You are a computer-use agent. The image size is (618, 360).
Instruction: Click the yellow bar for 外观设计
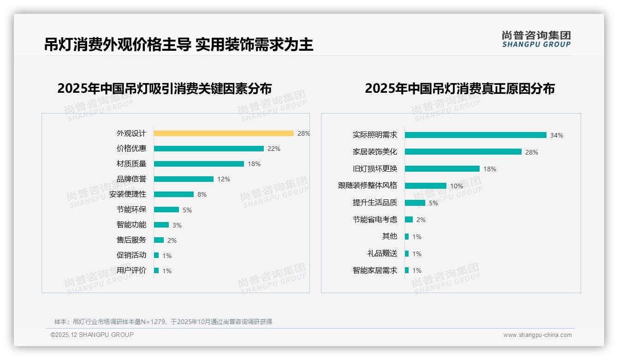click(x=224, y=133)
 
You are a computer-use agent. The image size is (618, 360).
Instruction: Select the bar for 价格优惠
click(x=208, y=149)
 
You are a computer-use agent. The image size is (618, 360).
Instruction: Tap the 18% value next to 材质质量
click(x=254, y=164)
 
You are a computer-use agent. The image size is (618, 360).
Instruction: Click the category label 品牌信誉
click(x=131, y=179)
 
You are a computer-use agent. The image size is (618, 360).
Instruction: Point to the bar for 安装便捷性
click(x=174, y=194)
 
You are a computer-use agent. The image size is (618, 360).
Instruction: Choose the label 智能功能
click(x=131, y=225)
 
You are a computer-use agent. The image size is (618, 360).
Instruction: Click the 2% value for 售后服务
click(x=172, y=240)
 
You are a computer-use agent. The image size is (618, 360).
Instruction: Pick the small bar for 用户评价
click(x=156, y=270)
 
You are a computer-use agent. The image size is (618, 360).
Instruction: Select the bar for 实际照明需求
click(x=475, y=135)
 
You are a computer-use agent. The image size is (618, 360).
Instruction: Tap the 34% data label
click(x=556, y=135)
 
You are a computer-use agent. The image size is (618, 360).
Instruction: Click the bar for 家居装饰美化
click(x=463, y=152)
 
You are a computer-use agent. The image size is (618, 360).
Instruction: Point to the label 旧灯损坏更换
click(x=374, y=169)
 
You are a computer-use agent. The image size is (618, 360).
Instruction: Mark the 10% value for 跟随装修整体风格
click(x=457, y=186)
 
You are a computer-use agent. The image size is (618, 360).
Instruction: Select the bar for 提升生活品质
click(x=415, y=203)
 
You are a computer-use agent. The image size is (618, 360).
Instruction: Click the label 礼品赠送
click(x=382, y=253)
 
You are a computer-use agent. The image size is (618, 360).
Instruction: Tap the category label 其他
click(x=389, y=236)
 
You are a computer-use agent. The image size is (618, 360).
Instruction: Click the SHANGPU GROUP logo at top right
click(x=536, y=39)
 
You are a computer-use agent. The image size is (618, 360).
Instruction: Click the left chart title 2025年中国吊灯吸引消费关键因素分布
click(x=164, y=88)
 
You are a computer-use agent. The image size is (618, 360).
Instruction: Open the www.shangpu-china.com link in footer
click(x=537, y=335)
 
